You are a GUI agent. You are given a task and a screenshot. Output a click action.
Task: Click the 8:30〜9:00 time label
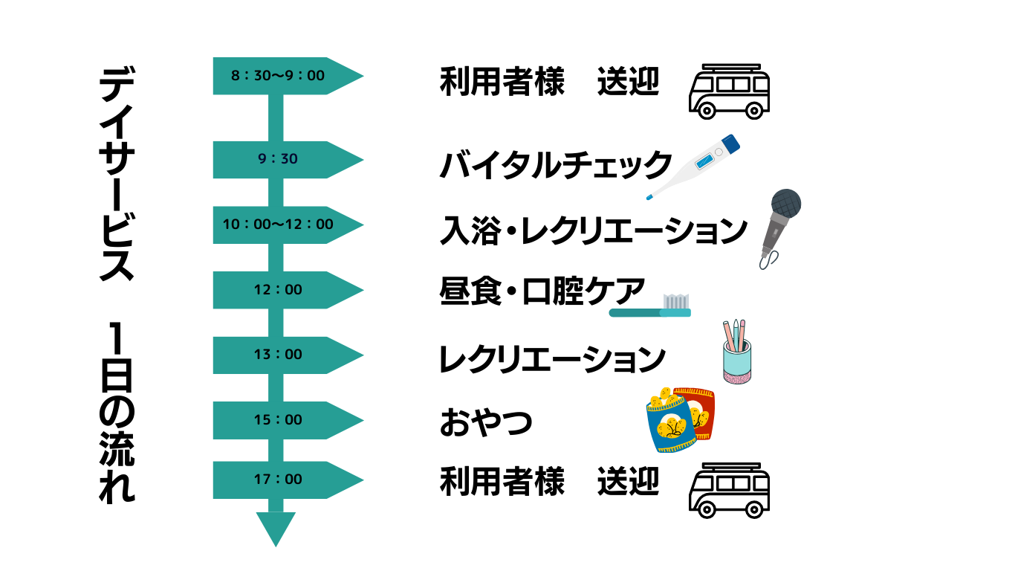tap(278, 76)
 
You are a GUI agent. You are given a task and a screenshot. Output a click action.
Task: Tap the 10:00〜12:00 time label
tap(278, 225)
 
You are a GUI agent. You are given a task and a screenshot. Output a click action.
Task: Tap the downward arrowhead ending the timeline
tap(276, 529)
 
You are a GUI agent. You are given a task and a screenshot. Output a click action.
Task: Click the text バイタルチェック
tap(556, 165)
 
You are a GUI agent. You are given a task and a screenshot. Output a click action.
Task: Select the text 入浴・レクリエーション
tap(593, 230)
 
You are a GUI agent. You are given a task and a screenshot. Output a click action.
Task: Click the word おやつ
tap(486, 422)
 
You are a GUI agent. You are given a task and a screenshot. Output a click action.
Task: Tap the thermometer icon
tap(695, 167)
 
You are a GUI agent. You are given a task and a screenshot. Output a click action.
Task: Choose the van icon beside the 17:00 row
tap(729, 488)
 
